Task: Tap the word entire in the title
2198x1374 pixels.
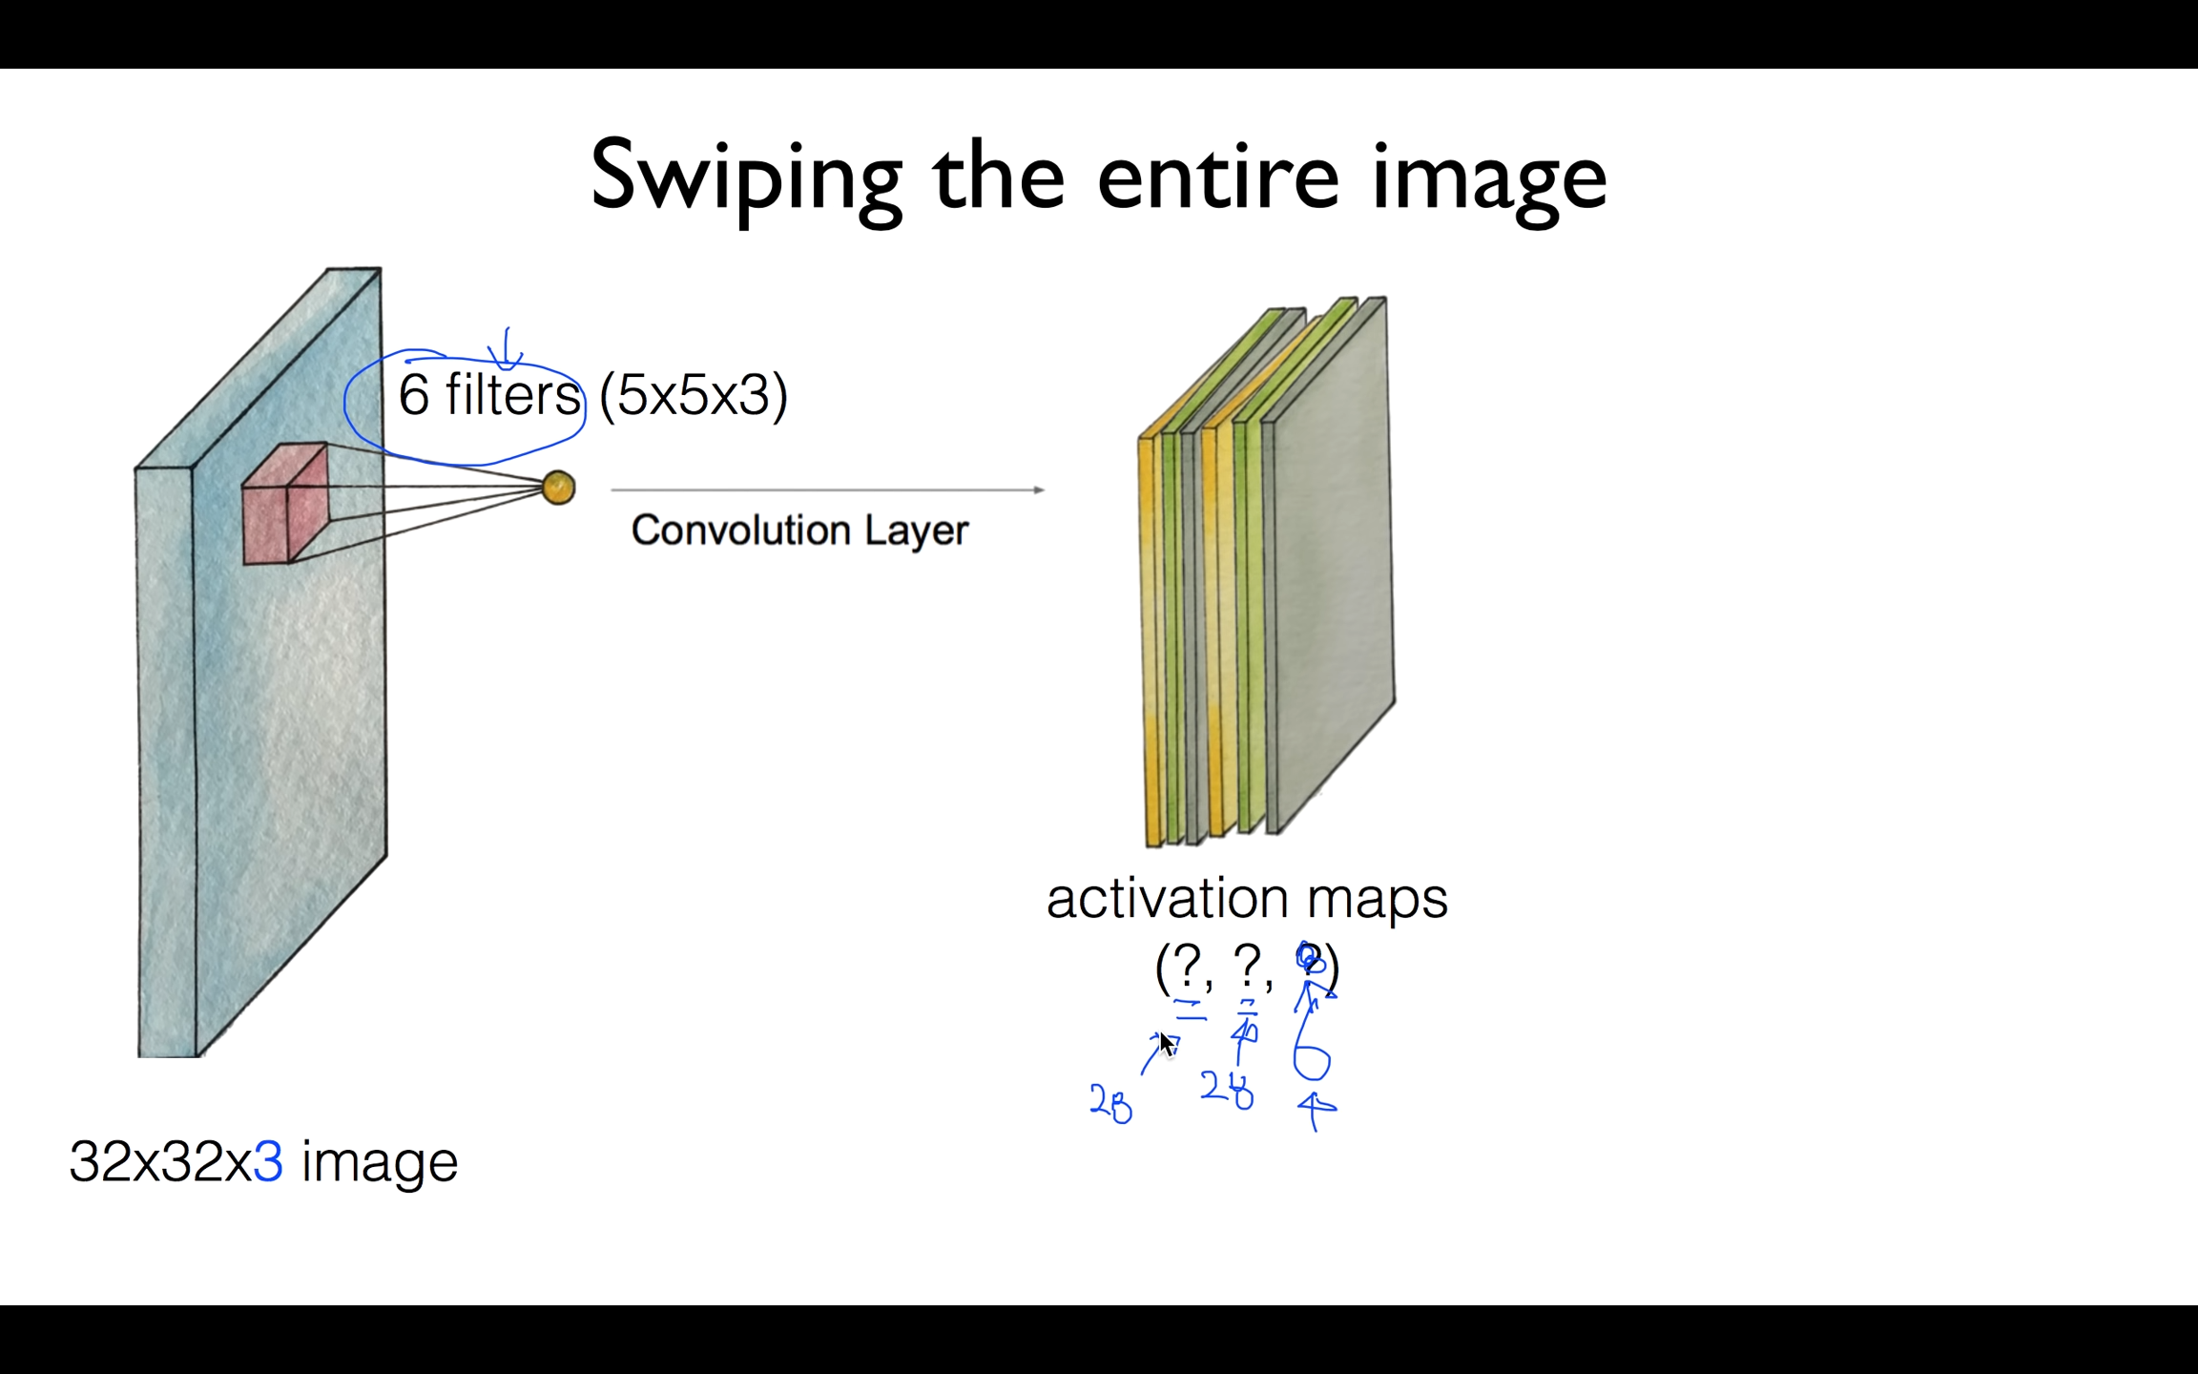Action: (x=1217, y=177)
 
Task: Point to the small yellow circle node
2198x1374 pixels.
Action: (x=558, y=488)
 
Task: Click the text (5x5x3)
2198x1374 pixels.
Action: (x=694, y=394)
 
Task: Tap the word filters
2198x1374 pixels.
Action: (x=512, y=394)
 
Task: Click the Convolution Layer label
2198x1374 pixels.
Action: (x=799, y=530)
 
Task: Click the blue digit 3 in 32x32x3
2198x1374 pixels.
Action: (x=268, y=1161)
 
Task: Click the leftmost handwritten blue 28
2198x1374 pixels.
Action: (x=1110, y=1104)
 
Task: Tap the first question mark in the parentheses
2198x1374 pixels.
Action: (x=1187, y=965)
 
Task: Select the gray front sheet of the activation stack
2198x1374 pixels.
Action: (x=1332, y=563)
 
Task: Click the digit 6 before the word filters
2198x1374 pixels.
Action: (x=413, y=394)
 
